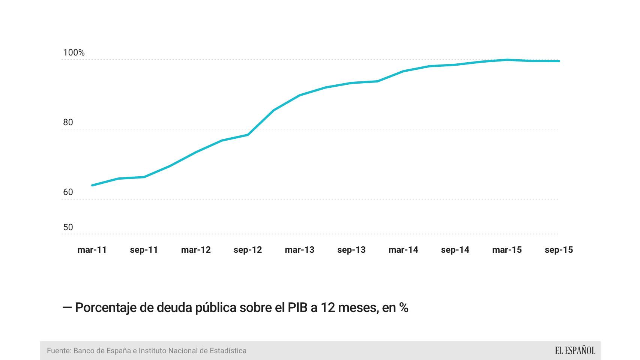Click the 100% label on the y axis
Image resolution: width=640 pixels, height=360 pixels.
tap(74, 52)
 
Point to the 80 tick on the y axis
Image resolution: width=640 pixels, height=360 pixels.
tap(68, 122)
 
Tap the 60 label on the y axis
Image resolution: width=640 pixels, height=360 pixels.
tap(68, 192)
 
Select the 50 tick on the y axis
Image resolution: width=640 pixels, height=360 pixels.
tap(68, 227)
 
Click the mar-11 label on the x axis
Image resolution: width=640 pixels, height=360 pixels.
tap(92, 250)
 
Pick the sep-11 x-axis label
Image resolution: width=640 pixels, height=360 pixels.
tap(144, 250)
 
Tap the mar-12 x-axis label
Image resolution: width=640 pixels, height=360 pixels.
tap(196, 250)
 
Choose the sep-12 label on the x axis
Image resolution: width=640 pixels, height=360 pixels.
tap(248, 250)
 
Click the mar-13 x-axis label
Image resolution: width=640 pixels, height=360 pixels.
tap(299, 250)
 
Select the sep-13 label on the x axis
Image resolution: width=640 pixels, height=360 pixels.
tap(351, 250)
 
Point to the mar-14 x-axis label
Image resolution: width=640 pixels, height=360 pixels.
tap(403, 250)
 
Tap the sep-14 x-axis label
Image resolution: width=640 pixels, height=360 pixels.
tap(455, 250)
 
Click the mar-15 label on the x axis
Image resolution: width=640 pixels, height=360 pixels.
tap(507, 250)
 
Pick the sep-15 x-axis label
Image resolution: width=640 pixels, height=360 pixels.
tap(559, 250)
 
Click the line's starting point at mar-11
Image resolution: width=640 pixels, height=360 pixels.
tap(92, 185)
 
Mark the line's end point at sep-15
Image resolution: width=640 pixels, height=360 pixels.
tap(559, 61)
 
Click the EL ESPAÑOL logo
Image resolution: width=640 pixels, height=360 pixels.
tap(575, 351)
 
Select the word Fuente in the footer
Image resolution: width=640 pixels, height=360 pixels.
tap(59, 351)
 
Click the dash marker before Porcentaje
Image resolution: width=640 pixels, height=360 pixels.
tap(67, 307)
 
